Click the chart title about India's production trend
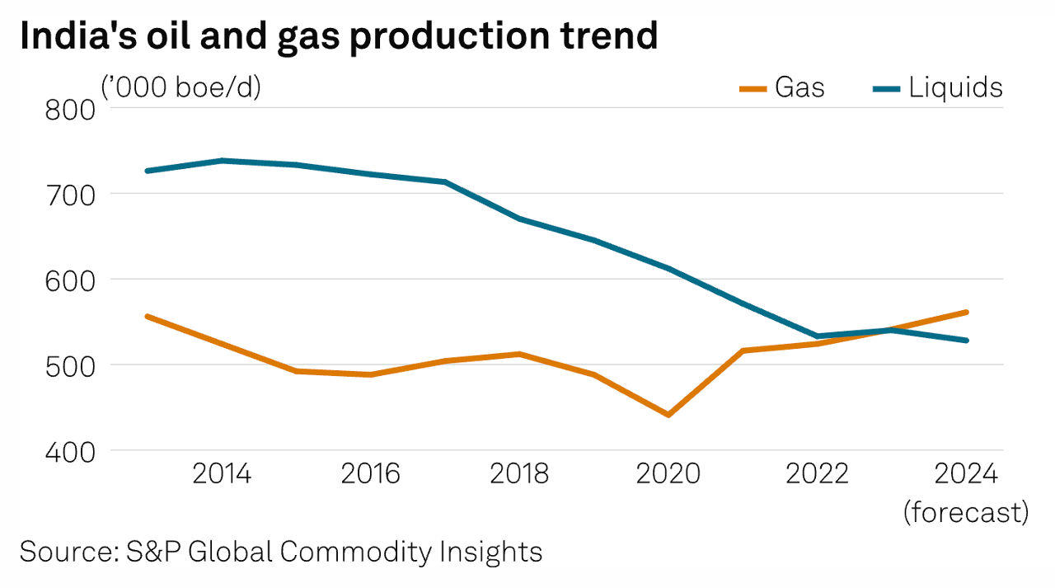tap(338, 37)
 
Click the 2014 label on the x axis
tap(222, 474)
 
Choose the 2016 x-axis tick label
tap(370, 474)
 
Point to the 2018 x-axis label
tap(519, 474)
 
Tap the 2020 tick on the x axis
tap(668, 474)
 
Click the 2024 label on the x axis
tap(966, 474)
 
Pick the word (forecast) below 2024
tap(966, 512)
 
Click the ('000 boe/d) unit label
tap(181, 87)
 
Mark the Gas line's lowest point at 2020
tap(668, 415)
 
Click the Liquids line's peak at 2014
tap(222, 160)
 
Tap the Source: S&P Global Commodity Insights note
tap(281, 552)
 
